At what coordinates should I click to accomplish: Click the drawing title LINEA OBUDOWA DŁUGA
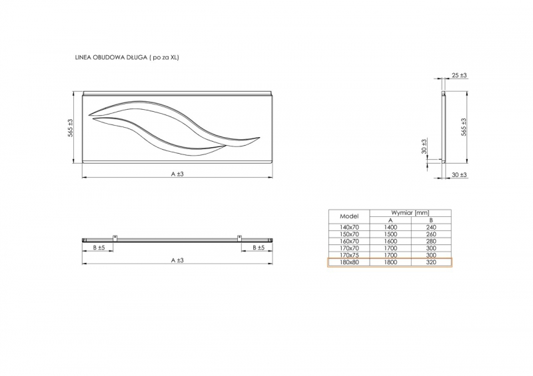pos(111,57)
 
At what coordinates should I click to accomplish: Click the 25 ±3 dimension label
pos(459,75)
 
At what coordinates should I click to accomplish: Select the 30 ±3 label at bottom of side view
pos(459,175)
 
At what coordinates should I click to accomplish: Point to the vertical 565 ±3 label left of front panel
pos(70,128)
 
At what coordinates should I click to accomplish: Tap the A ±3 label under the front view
pos(177,174)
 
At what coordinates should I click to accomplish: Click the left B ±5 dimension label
pos(99,248)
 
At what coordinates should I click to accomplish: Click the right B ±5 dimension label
pos(259,248)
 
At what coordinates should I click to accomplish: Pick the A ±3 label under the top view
pos(177,260)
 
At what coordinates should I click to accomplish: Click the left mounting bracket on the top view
pos(115,238)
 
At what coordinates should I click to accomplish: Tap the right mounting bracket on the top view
pos(239,238)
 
